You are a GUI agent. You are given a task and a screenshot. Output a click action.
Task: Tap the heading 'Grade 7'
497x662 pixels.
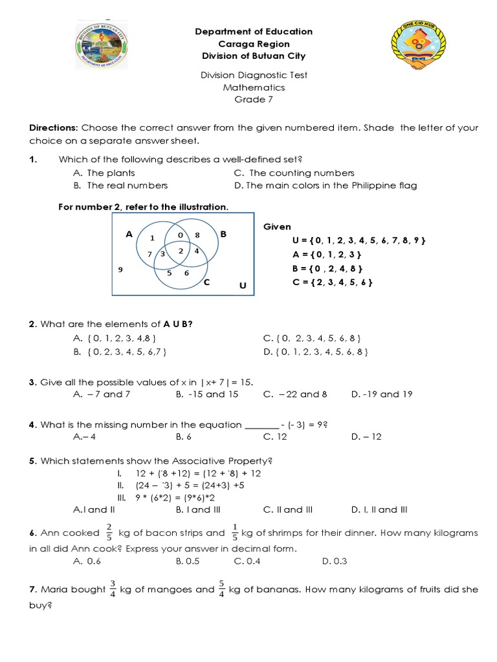tap(249, 100)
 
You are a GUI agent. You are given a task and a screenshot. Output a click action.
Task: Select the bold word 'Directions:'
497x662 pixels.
tap(53, 128)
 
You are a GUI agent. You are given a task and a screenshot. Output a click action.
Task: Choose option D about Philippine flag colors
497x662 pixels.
tap(325, 186)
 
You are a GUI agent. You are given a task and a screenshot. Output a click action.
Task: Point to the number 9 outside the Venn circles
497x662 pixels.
tap(120, 268)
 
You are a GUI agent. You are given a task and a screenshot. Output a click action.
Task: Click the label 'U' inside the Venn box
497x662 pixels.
tap(243, 285)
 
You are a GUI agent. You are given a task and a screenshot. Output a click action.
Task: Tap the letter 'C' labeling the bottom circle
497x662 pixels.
tap(206, 283)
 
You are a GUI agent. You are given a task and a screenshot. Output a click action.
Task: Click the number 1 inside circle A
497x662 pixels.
tap(152, 237)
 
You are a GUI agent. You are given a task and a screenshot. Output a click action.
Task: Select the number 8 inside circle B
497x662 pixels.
tap(197, 234)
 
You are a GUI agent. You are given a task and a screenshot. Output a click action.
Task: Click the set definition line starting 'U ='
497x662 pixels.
tap(359, 240)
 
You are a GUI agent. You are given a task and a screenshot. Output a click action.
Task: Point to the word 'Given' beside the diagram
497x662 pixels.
tap(277, 227)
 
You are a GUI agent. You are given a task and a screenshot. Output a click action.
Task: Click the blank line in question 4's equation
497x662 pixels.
tap(261, 425)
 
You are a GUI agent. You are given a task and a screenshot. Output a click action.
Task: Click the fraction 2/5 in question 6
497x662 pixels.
tap(109, 533)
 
